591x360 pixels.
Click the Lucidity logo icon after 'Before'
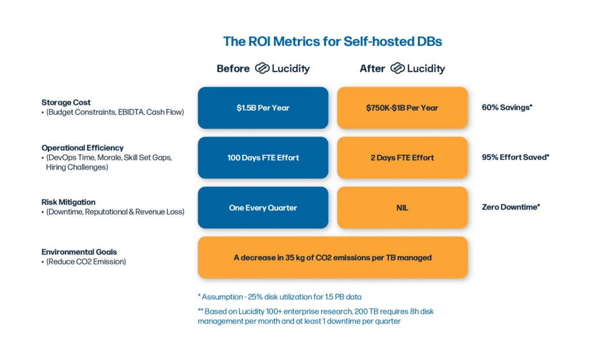263,69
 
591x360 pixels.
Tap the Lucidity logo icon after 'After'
397,69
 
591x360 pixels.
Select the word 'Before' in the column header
233,69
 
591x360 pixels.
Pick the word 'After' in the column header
372,69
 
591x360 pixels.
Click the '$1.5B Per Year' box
263,108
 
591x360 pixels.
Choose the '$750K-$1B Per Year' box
402,108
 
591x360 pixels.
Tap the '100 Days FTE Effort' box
263,157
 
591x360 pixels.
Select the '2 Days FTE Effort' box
402,157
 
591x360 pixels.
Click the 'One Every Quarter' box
263,208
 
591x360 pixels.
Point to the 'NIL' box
402,208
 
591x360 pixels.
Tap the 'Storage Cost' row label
65,102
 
